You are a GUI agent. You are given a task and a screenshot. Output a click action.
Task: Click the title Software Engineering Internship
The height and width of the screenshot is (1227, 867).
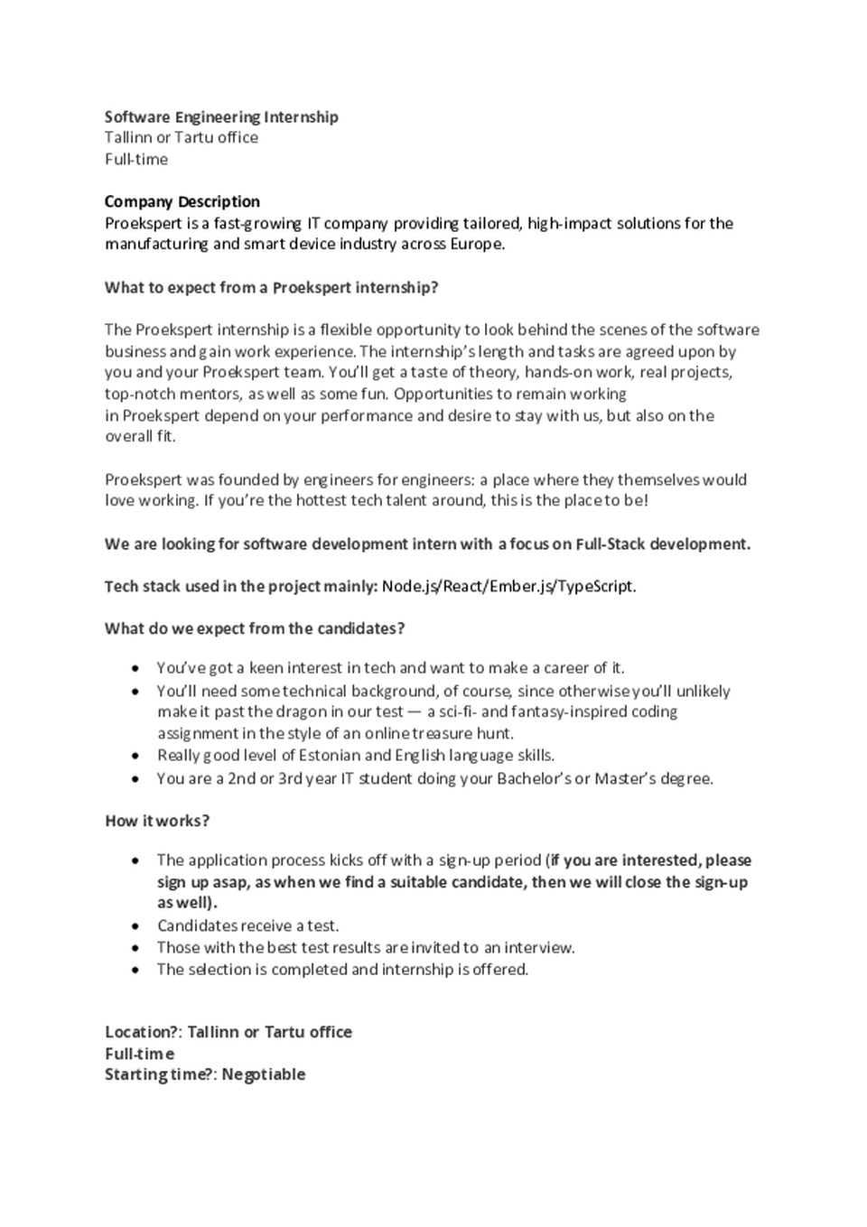coord(221,116)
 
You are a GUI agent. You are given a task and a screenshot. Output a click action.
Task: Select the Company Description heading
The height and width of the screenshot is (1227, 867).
coord(182,201)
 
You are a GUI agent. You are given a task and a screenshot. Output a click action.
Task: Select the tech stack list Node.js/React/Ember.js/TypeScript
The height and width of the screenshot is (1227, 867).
coord(508,586)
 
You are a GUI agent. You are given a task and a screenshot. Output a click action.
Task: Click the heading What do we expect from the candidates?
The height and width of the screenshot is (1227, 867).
coord(255,628)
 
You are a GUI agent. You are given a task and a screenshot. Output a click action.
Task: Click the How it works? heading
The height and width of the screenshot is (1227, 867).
coord(157,821)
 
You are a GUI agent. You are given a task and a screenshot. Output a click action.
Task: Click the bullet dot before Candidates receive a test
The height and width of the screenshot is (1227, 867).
coord(135,926)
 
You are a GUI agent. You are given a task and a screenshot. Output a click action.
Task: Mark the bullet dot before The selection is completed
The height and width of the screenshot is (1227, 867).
coord(135,970)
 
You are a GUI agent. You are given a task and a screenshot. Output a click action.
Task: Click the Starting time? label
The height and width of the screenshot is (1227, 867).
coord(159,1074)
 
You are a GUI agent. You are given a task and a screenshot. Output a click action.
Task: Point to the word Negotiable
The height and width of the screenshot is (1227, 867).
coord(264,1074)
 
